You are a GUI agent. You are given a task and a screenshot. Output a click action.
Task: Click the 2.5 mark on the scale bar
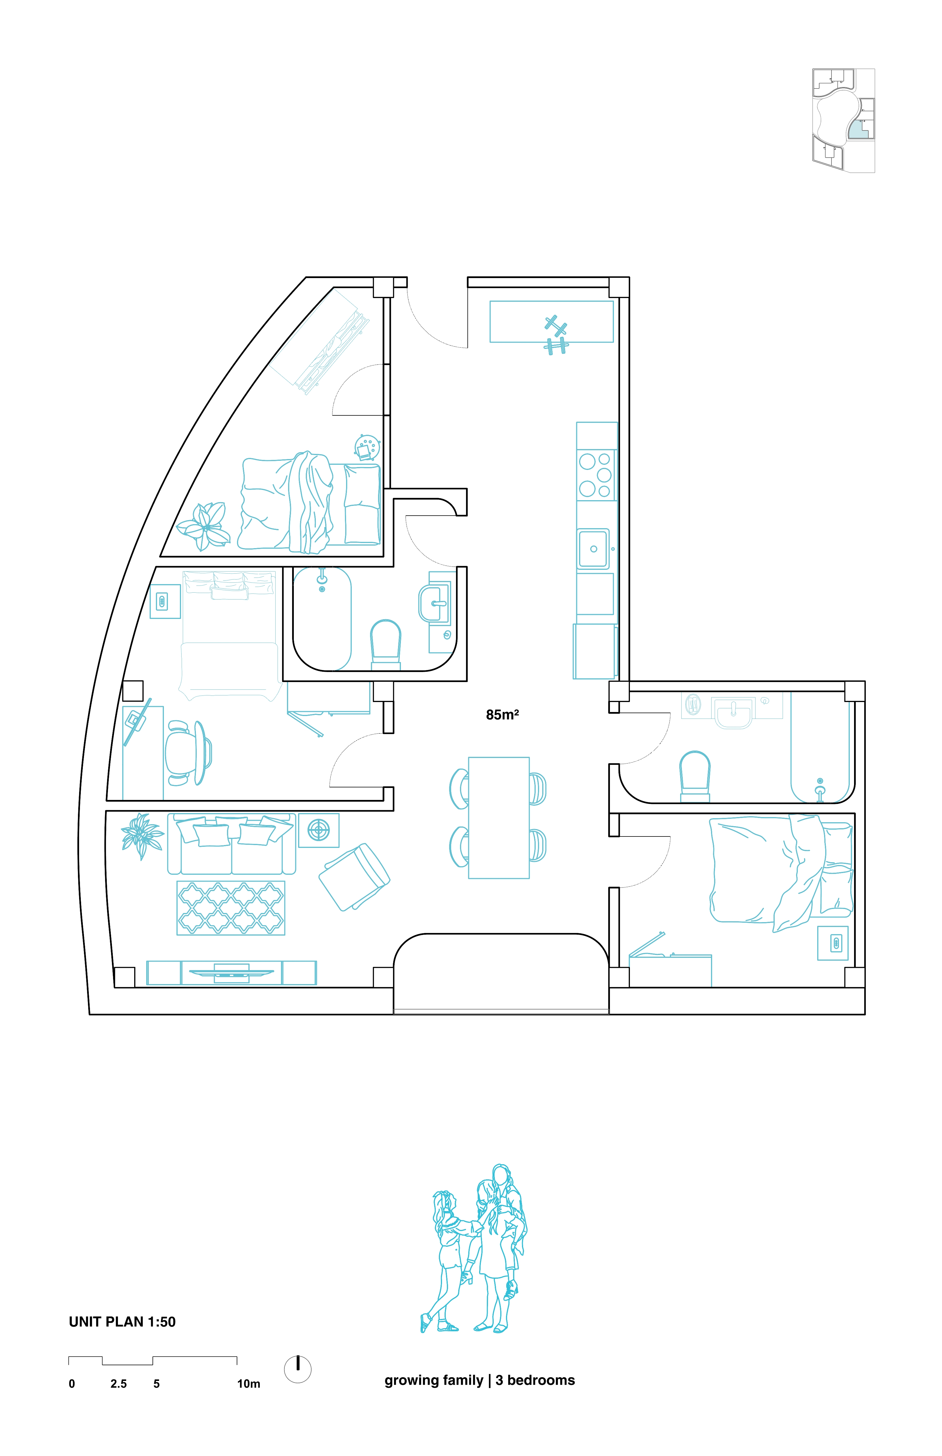119,1384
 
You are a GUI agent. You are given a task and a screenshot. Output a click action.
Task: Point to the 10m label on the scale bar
248,1384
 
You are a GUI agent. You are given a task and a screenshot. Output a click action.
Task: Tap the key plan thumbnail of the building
843,120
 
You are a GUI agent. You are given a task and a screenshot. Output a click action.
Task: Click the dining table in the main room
499,818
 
